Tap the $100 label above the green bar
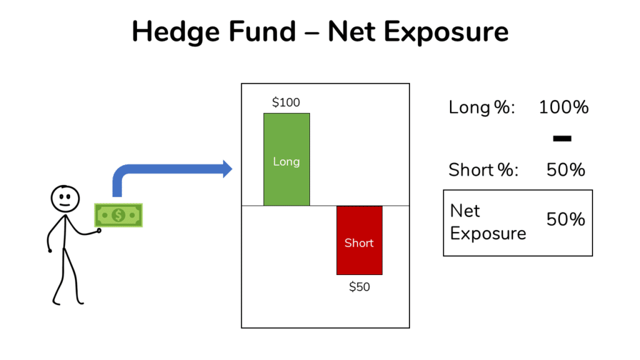[x=286, y=102]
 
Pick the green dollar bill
[x=119, y=215]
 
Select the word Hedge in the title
[x=176, y=32]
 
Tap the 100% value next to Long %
[x=564, y=107]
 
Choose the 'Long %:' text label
[x=482, y=107]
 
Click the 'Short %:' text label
[x=484, y=169]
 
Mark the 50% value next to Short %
[x=566, y=169]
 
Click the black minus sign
[x=562, y=138]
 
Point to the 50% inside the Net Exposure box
[x=566, y=219]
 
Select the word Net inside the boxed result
[x=465, y=211]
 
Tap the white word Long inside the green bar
[x=286, y=161]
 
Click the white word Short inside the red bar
[x=359, y=242]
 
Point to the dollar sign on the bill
[x=119, y=215]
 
